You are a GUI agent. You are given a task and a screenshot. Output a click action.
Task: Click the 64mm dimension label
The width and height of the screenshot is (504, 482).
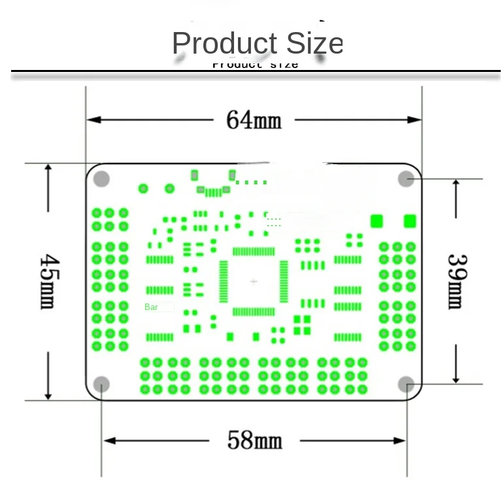[254, 120]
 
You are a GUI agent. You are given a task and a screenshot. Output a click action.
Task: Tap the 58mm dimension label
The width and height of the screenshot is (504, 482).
[254, 439]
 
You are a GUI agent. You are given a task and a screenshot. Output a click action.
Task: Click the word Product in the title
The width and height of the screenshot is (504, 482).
[215, 43]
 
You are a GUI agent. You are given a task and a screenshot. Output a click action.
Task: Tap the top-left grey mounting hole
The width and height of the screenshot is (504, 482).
[101, 179]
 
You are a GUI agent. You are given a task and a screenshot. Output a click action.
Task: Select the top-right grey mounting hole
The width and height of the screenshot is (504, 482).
[406, 179]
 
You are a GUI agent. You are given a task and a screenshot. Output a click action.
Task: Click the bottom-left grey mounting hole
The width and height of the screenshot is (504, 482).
[101, 384]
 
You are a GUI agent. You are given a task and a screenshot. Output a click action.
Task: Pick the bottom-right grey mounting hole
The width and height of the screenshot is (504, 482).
[406, 384]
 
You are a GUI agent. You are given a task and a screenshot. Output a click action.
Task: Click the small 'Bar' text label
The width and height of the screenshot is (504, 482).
[151, 307]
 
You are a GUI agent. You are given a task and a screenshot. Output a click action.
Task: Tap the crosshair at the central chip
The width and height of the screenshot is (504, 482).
[254, 281]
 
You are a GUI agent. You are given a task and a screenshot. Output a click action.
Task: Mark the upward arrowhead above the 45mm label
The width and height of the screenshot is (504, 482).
[48, 168]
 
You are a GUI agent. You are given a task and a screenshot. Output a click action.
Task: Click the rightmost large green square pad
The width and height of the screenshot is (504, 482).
[411, 220]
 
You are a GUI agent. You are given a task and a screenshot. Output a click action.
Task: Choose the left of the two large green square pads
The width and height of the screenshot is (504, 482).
[377, 220]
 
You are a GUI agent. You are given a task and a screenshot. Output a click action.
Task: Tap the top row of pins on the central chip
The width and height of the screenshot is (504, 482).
[254, 251]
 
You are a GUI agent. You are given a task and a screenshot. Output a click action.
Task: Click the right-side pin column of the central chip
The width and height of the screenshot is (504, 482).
[284, 281]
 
